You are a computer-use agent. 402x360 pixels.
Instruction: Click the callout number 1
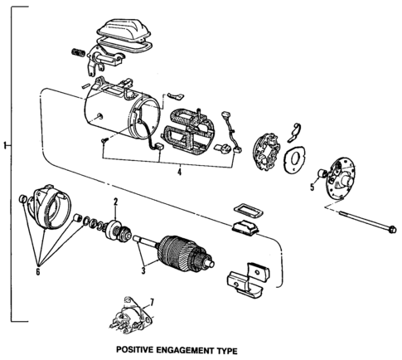point(5,147)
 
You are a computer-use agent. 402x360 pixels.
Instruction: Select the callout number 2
point(116,202)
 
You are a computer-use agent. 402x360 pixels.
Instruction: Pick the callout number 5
point(312,187)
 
